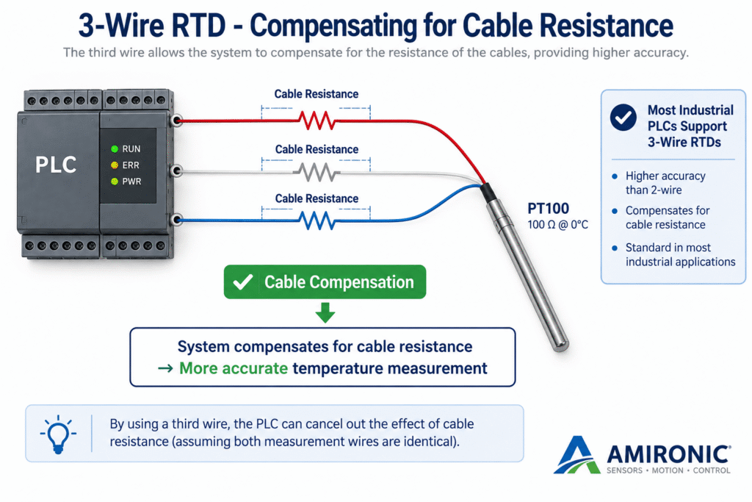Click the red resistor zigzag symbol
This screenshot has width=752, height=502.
click(x=317, y=121)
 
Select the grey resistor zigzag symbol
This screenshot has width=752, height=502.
click(x=317, y=172)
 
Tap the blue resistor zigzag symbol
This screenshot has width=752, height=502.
click(x=317, y=220)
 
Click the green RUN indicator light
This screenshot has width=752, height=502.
click(x=115, y=148)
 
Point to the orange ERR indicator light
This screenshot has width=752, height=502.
click(x=115, y=165)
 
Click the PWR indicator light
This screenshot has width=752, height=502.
click(x=115, y=182)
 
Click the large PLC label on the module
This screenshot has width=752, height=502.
click(x=56, y=165)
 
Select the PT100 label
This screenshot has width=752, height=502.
click(x=548, y=208)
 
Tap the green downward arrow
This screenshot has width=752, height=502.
click(x=325, y=312)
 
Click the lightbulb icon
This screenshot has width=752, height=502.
click(x=58, y=434)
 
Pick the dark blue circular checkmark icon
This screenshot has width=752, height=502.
click(x=623, y=117)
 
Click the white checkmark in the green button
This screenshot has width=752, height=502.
click(x=242, y=282)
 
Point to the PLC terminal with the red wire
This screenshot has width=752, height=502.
click(x=177, y=120)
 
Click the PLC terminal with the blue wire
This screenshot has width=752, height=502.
click(x=177, y=220)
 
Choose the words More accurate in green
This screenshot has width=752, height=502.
click(x=234, y=368)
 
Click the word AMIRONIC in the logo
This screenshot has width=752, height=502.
click(x=668, y=454)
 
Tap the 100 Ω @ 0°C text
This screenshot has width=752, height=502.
click(x=558, y=225)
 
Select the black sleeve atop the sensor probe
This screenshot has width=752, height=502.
click(x=488, y=193)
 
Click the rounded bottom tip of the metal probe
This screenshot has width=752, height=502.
click(x=560, y=344)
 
